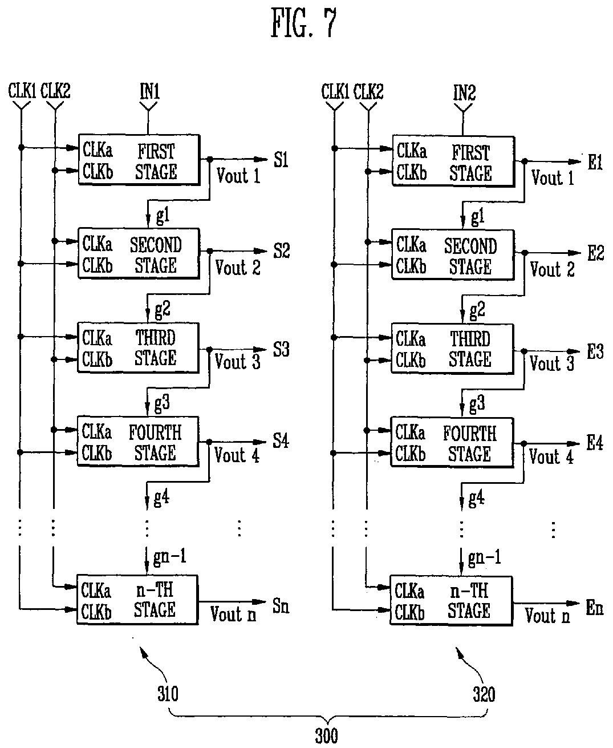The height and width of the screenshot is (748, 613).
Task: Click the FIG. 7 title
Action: (303, 22)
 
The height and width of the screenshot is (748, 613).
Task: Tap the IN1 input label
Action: (149, 91)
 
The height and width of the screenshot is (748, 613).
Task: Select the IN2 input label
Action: (464, 92)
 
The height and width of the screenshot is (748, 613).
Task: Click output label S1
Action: (281, 159)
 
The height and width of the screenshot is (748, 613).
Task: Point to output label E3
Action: (595, 351)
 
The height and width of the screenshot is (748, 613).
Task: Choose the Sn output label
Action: (281, 606)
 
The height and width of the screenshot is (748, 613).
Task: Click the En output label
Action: (595, 607)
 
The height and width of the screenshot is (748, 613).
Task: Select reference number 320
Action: (484, 694)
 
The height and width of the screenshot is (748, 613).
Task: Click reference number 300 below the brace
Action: (327, 735)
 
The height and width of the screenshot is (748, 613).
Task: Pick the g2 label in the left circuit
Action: (163, 309)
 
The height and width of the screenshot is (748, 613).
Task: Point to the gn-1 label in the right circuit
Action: (484, 557)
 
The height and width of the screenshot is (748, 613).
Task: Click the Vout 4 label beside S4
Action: (237, 455)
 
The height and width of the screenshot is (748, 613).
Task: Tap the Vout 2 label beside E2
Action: (552, 269)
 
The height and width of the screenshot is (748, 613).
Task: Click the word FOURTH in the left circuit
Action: (155, 432)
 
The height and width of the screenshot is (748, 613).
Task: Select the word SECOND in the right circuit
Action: (470, 246)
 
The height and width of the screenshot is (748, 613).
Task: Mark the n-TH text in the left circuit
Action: (155, 590)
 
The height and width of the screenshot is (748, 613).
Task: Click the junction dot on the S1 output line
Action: (210, 159)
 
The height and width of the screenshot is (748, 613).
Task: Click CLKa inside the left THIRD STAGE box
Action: (97, 338)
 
